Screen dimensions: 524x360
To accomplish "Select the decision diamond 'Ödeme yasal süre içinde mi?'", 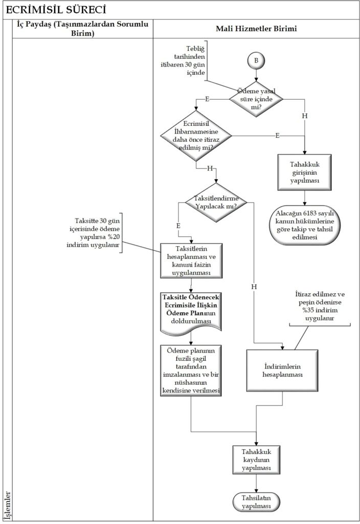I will click(x=255, y=98).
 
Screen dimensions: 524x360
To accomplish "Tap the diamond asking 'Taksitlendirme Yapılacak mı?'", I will click(x=216, y=202).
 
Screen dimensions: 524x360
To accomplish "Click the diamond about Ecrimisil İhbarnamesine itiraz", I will click(x=196, y=136).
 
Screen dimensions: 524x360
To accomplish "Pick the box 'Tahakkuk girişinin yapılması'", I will click(x=305, y=171).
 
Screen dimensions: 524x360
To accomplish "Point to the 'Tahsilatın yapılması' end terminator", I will click(x=256, y=501).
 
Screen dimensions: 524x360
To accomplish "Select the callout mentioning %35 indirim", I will click(x=320, y=306).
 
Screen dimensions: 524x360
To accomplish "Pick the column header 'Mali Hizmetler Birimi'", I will click(x=256, y=29).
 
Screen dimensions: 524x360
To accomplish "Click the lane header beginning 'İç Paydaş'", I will click(x=82, y=29).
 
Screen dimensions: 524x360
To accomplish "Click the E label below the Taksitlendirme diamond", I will click(x=178, y=225).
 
